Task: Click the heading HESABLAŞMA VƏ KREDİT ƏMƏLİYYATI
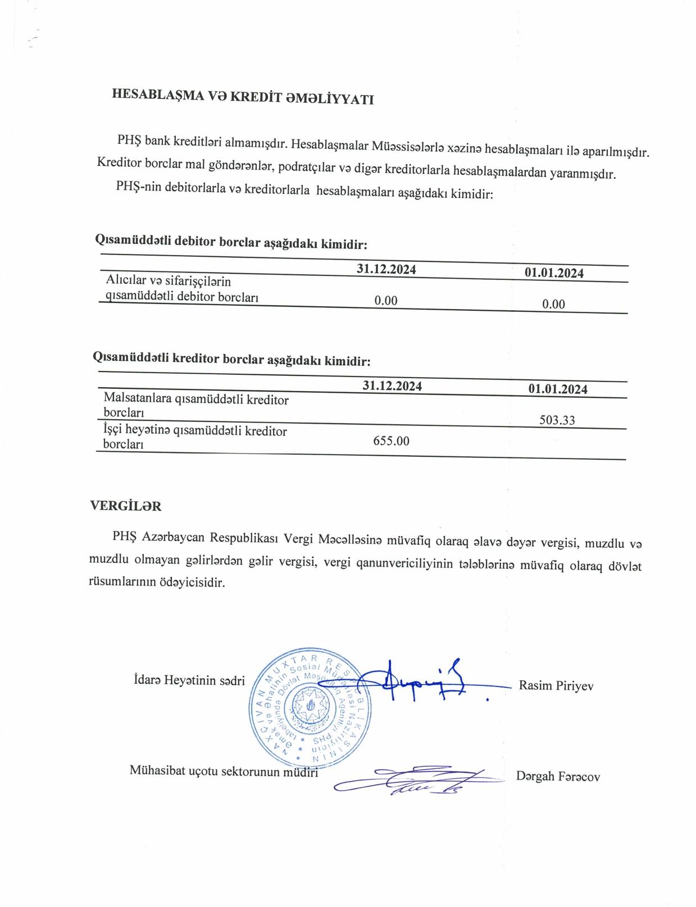(243, 97)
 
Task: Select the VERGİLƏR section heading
(126, 506)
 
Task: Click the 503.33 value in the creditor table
(557, 420)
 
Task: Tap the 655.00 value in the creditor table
(391, 441)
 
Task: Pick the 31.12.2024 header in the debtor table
(386, 269)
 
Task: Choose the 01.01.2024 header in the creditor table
(557, 389)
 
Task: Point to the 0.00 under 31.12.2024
(386, 301)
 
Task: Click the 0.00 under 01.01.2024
(553, 304)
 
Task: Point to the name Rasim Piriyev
(556, 686)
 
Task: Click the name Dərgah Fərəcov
(558, 777)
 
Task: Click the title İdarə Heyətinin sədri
(189, 681)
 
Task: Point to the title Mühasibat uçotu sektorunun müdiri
(224, 771)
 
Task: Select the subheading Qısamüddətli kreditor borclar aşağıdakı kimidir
(231, 359)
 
